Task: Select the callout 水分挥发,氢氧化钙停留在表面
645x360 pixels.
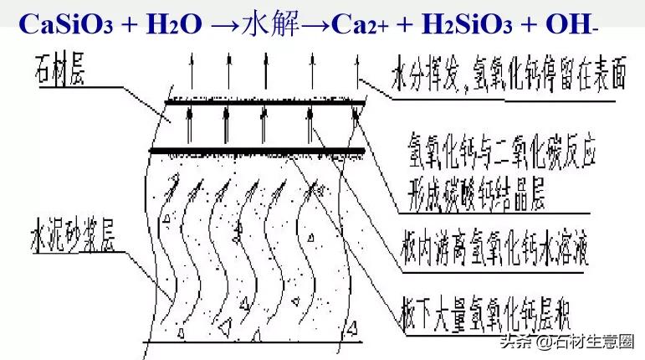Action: pyautogui.click(x=507, y=77)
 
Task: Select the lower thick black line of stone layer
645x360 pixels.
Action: pyautogui.click(x=256, y=152)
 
